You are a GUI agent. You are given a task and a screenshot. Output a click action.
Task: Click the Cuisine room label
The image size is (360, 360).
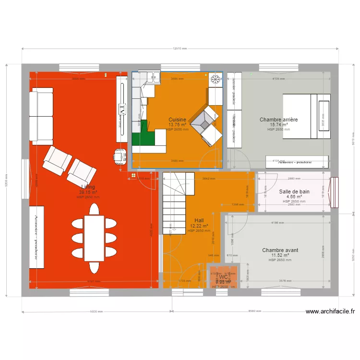(x=177, y=120)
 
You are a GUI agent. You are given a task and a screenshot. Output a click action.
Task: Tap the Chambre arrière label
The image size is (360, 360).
(x=278, y=120)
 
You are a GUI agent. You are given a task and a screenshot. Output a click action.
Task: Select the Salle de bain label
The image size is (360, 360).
(x=294, y=192)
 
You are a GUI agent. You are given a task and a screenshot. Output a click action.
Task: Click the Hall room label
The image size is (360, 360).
(x=199, y=221)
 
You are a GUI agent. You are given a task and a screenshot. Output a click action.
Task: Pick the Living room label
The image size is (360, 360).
(x=88, y=187)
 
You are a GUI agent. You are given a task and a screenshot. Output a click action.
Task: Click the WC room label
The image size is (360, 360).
(x=223, y=277)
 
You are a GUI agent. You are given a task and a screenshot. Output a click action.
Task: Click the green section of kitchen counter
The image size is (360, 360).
(x=143, y=138)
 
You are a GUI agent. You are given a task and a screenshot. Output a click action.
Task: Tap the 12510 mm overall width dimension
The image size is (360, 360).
(x=180, y=48)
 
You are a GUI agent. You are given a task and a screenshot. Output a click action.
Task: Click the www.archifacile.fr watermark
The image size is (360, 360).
(x=330, y=311)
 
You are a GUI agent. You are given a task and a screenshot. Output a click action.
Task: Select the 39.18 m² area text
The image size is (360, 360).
(x=88, y=192)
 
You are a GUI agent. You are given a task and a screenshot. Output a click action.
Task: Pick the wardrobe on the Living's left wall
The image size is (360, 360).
(x=36, y=237)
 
